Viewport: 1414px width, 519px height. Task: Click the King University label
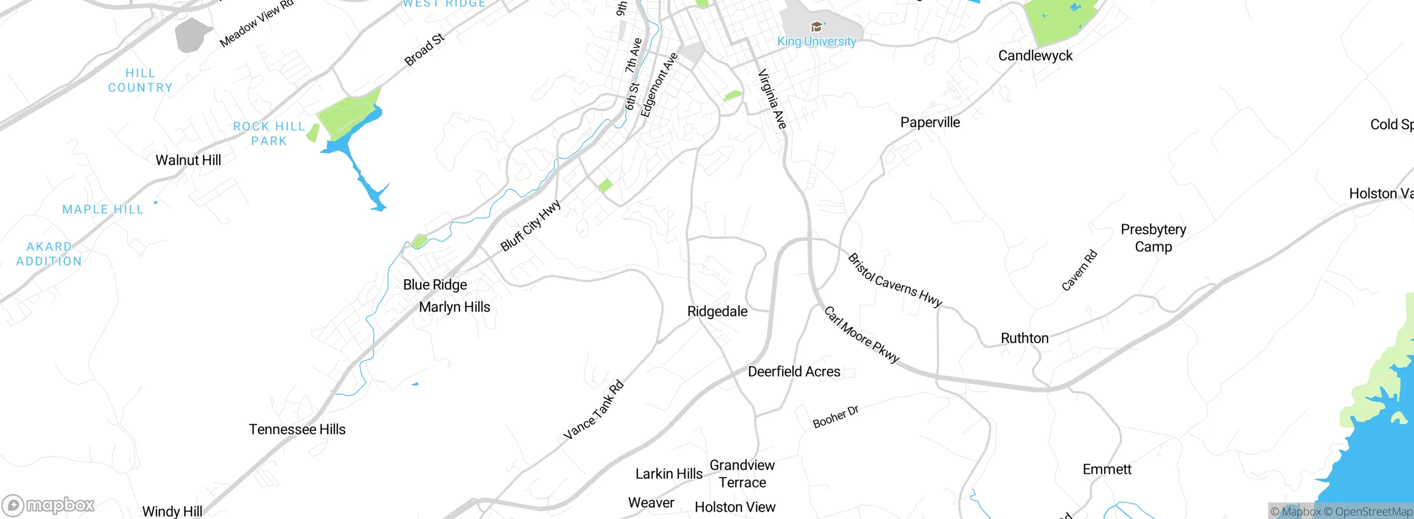tap(816, 41)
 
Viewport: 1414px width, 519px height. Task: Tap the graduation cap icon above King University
tap(816, 27)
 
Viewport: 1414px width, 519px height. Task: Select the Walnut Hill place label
tap(188, 160)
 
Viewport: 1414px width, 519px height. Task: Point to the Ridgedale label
tap(717, 311)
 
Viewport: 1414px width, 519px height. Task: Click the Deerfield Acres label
tap(794, 372)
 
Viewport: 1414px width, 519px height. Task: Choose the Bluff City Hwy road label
tap(530, 225)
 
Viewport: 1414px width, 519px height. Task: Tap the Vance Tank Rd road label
tap(594, 410)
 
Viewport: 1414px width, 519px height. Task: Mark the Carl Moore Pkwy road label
tap(862, 335)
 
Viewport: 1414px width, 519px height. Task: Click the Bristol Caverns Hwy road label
tap(895, 280)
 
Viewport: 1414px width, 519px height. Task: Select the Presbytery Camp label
tap(1153, 238)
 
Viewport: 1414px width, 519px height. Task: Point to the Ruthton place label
tap(1025, 338)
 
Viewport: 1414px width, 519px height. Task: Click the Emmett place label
tap(1107, 469)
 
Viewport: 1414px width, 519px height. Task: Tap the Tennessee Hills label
tap(297, 430)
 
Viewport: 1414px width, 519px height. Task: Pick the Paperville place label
tap(930, 123)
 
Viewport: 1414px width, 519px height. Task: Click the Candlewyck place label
tap(1035, 56)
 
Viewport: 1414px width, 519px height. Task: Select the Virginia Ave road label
tap(772, 99)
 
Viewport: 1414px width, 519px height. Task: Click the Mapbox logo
tap(49, 505)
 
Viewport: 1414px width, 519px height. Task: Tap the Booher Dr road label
tap(836, 417)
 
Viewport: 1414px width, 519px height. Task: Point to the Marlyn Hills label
tap(455, 307)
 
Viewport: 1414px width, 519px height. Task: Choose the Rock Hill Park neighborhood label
tap(269, 134)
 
